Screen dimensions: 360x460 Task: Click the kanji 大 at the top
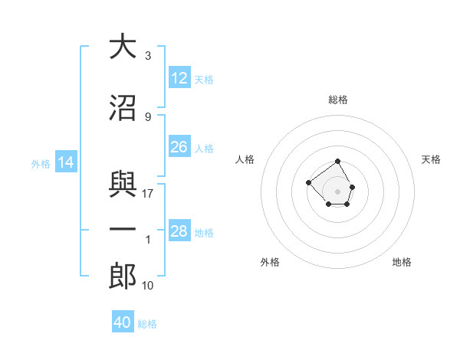pyautogui.click(x=123, y=47)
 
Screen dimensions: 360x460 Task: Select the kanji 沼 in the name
pyautogui.click(x=123, y=108)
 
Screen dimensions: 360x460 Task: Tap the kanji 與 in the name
pyautogui.click(x=123, y=185)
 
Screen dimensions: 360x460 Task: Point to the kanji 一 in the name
pyautogui.click(x=123, y=231)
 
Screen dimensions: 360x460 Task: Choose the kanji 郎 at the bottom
pyautogui.click(x=123, y=277)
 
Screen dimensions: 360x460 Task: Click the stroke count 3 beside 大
pyautogui.click(x=147, y=56)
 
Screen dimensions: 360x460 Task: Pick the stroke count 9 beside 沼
pyautogui.click(x=147, y=117)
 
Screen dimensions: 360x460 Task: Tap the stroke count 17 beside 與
pyautogui.click(x=148, y=194)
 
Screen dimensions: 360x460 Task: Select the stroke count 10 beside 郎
pyautogui.click(x=148, y=286)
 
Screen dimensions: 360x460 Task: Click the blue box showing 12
pyautogui.click(x=179, y=78)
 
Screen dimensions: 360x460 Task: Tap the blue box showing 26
pyautogui.click(x=179, y=147)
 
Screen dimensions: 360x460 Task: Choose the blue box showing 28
pyautogui.click(x=179, y=231)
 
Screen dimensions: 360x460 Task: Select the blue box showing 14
pyautogui.click(x=66, y=162)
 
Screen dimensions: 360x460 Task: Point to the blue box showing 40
pyautogui.click(x=123, y=322)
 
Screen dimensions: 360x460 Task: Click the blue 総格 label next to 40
pyautogui.click(x=147, y=324)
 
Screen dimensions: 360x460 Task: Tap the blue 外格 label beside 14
pyautogui.click(x=41, y=164)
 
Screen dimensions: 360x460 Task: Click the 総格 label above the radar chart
pyautogui.click(x=337, y=100)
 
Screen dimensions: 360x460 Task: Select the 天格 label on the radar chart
pyautogui.click(x=431, y=159)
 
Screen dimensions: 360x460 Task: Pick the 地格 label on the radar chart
pyautogui.click(x=402, y=262)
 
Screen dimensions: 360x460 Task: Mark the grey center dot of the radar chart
pyautogui.click(x=337, y=191)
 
